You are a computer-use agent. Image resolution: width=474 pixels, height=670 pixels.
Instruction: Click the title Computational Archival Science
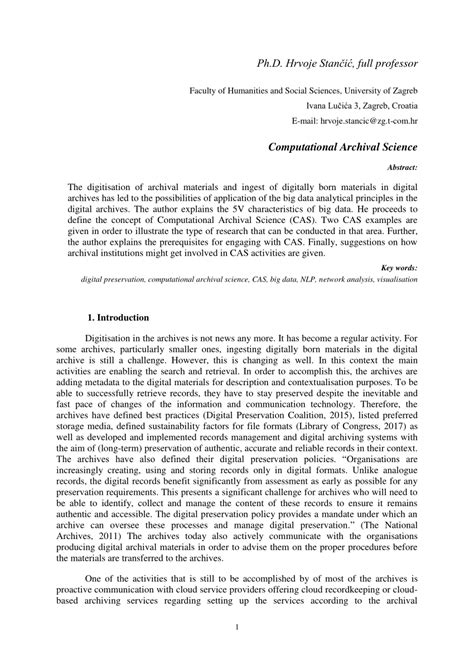pos(345,146)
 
